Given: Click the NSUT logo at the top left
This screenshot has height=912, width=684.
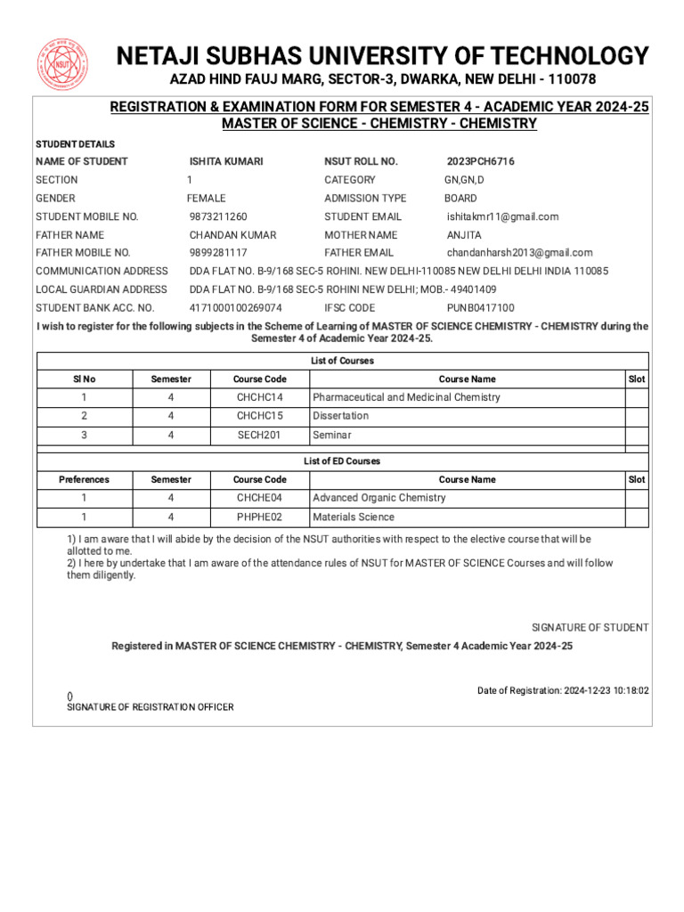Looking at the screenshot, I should (62, 66).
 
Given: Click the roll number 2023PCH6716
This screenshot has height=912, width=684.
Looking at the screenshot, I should (480, 161).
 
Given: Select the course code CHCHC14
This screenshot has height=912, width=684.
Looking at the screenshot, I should (259, 397).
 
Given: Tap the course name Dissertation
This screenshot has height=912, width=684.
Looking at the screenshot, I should (340, 416).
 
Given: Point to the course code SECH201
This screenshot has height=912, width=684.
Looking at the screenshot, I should (259, 435).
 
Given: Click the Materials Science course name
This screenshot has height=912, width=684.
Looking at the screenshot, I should (353, 517).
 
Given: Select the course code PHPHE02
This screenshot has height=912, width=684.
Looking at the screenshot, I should (259, 517).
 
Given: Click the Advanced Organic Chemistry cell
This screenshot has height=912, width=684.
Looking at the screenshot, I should (379, 498).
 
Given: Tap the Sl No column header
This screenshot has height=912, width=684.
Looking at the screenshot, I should (84, 379).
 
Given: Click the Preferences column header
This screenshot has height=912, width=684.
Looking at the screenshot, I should (84, 479).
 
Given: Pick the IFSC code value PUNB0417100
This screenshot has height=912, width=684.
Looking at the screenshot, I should (480, 308).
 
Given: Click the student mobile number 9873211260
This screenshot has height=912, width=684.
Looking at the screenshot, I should (218, 216).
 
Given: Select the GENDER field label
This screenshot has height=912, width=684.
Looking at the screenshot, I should (55, 199).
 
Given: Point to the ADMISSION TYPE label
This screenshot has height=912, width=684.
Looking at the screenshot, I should (365, 199).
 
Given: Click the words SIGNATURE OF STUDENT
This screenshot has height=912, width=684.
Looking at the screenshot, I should (590, 628).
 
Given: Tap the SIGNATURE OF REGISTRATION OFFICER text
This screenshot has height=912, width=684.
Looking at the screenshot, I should (151, 707).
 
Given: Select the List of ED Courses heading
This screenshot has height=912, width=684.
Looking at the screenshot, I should (342, 461).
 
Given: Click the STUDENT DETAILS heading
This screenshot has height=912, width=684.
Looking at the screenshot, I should (75, 144).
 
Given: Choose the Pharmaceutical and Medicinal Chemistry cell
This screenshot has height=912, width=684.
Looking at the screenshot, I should (406, 397).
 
